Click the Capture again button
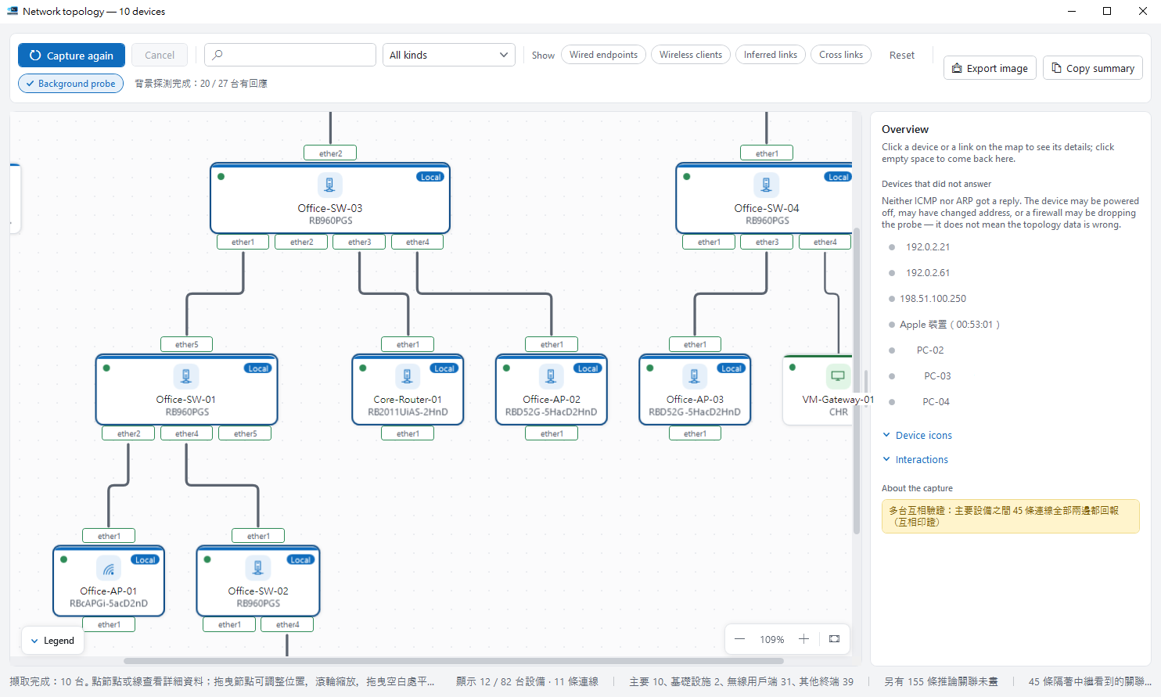[x=71, y=56]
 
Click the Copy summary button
[x=1093, y=68]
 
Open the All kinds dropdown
[x=449, y=55]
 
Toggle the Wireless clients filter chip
[x=690, y=55]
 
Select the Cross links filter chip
[x=841, y=55]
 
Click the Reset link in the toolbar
[x=902, y=55]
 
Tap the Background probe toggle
[x=70, y=84]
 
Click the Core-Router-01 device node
[x=408, y=390]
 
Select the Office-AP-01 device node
[x=108, y=581]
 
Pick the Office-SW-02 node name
[x=258, y=591]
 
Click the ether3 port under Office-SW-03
[x=359, y=242]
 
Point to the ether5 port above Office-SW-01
[x=186, y=344]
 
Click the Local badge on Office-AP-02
[x=588, y=368]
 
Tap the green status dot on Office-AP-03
[x=650, y=368]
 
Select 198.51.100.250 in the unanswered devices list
[x=933, y=299]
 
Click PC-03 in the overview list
[x=937, y=375]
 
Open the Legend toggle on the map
[x=53, y=641]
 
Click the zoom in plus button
[x=803, y=639]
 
